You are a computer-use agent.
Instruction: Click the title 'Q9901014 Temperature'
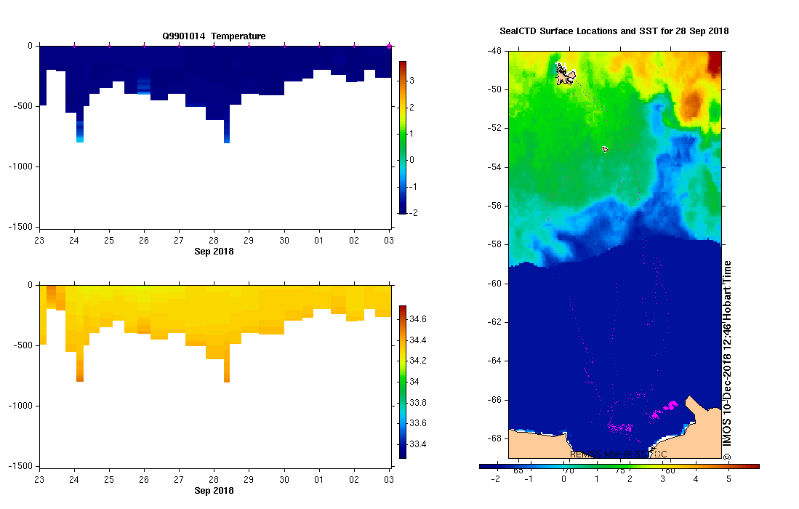[x=214, y=36]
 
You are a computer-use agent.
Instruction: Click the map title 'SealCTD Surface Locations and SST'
[x=614, y=31]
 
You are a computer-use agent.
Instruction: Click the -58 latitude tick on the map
[x=494, y=244]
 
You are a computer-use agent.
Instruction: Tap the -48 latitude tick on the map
[x=494, y=51]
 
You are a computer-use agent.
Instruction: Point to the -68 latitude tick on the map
[x=494, y=438]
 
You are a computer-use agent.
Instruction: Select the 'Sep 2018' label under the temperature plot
[x=214, y=252]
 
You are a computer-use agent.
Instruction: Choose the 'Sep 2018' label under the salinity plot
[x=214, y=491]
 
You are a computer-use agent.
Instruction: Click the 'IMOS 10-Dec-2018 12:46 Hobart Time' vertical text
[x=726, y=356]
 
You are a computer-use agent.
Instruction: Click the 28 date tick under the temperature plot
[x=214, y=240]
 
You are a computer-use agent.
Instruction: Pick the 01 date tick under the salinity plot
[x=319, y=479]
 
